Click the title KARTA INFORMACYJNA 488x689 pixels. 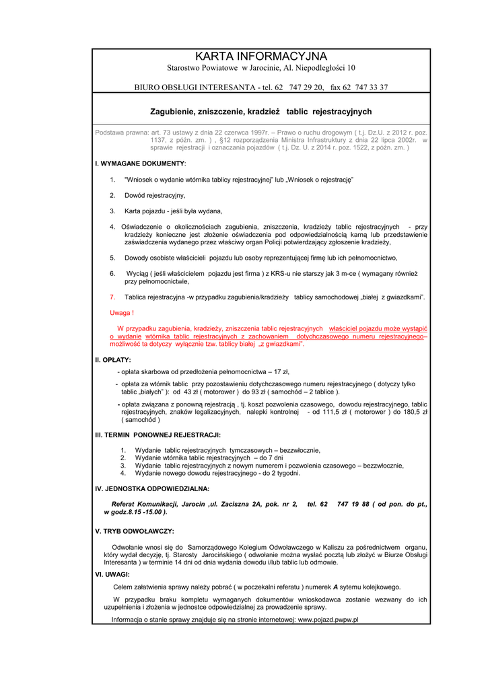tap(260, 56)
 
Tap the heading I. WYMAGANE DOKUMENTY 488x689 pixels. tap(140, 164)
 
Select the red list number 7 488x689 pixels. tap(112, 297)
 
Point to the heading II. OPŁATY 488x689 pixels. tap(113, 360)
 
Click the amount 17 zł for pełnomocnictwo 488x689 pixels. tap(281, 371)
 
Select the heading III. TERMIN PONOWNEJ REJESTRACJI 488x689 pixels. tap(158, 435)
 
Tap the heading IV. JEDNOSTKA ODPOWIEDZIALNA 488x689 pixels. tap(152, 488)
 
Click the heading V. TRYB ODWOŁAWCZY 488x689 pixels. tap(135, 531)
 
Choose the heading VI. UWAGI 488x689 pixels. tap(112, 575)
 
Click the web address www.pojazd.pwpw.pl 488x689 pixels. tap(328, 620)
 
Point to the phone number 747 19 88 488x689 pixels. tap(353, 503)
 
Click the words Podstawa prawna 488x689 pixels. tap(122, 133)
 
